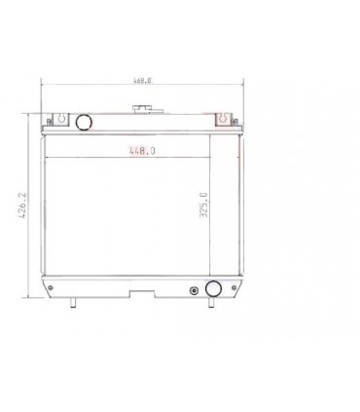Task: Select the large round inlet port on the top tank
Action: pos(84,121)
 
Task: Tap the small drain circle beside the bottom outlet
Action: pos(195,289)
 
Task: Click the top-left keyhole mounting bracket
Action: pos(60,118)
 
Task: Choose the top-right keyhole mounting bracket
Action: pos(226,118)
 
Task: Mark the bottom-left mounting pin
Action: pos(70,301)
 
